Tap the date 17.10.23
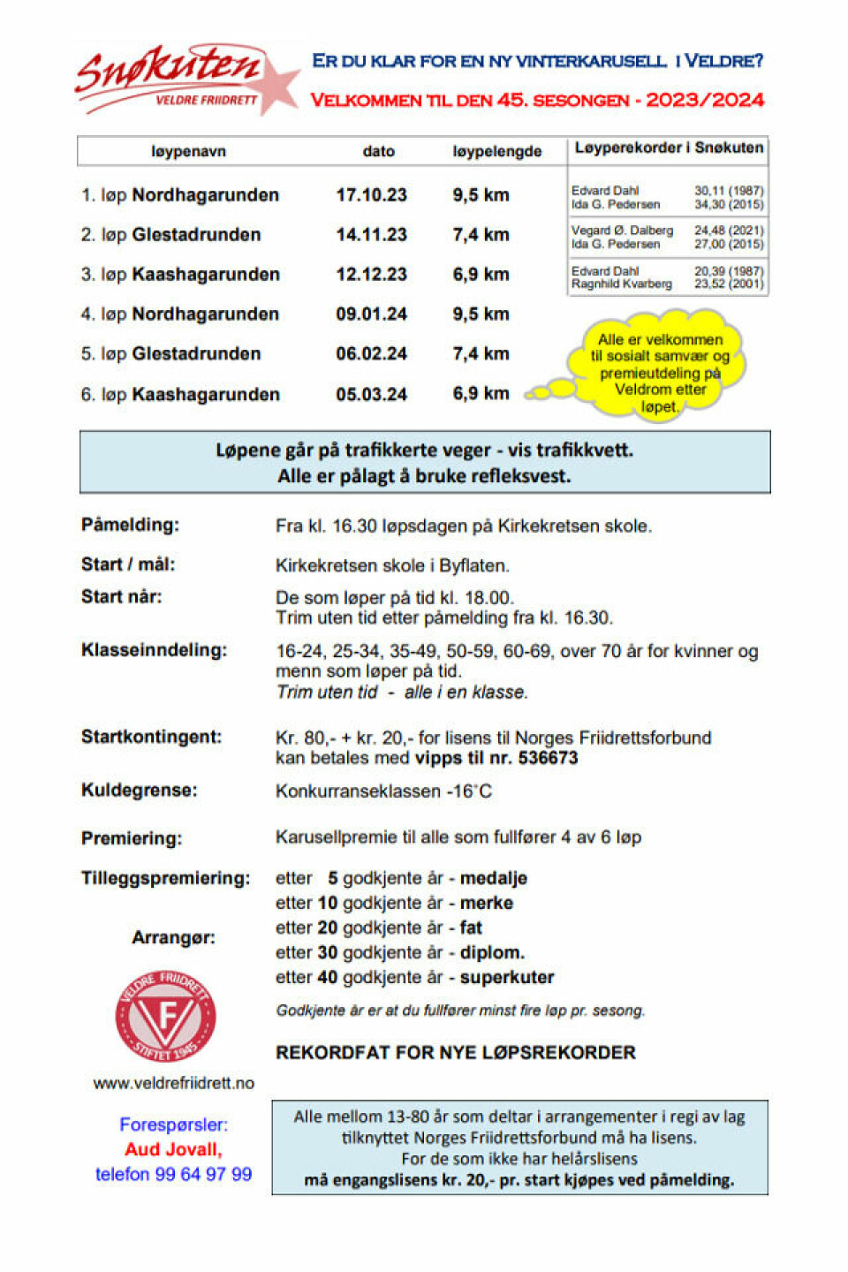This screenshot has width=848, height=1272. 371,195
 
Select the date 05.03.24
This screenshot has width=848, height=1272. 371,394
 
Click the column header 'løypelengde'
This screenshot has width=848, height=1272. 496,151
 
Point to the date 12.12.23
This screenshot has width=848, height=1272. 371,275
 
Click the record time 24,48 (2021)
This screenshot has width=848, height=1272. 728,231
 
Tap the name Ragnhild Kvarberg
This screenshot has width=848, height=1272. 621,284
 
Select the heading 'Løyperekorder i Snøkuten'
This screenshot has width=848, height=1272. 669,148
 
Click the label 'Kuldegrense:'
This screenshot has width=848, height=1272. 140,791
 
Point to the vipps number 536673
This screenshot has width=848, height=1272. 548,758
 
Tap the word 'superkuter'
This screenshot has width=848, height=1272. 507,978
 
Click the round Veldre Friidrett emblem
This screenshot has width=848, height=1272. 166,1016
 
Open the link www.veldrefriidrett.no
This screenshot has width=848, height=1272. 174,1083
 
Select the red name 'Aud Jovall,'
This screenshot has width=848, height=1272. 173,1149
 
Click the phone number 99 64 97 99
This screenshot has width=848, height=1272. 203,1174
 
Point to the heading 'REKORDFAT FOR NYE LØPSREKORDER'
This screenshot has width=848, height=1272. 456,1053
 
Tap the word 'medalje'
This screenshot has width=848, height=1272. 493,879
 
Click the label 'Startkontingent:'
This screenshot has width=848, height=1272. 152,737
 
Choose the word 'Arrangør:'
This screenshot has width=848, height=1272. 173,937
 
